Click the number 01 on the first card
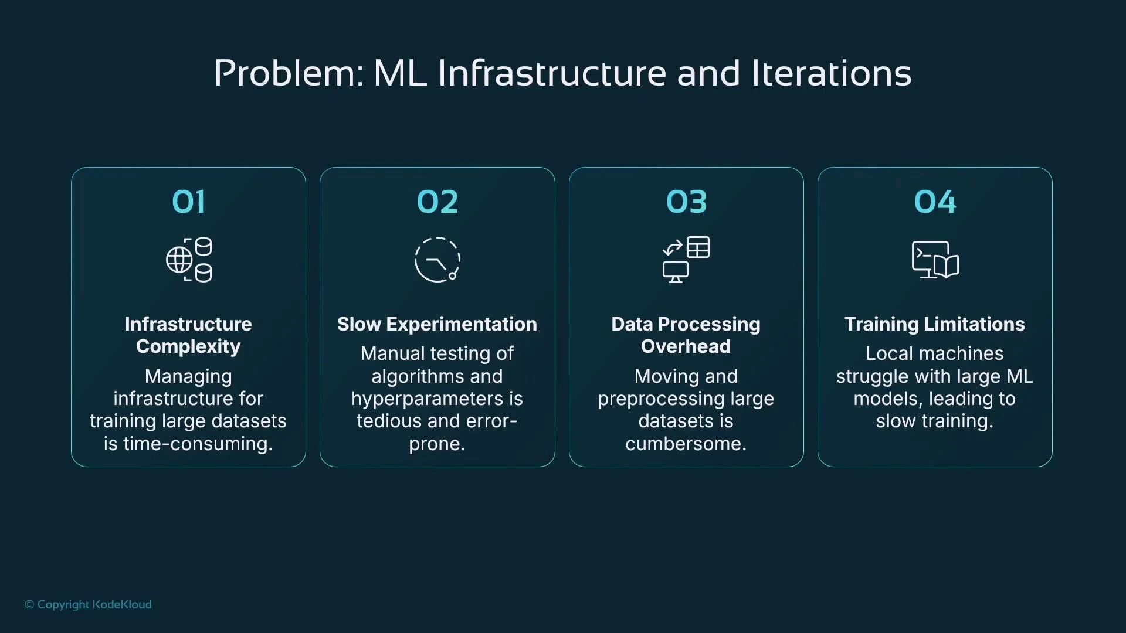pyautogui.click(x=188, y=202)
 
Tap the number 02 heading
pyautogui.click(x=437, y=202)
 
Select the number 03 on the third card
pyautogui.click(x=686, y=202)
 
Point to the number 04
pyautogui.click(x=935, y=202)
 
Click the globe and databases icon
pyautogui.click(x=189, y=260)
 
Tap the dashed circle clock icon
pyautogui.click(x=437, y=260)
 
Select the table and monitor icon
pyautogui.click(x=686, y=260)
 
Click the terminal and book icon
pyautogui.click(x=935, y=260)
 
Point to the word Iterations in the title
pyautogui.click(x=831, y=74)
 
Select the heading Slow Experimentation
pyautogui.click(x=437, y=324)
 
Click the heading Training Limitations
pyautogui.click(x=935, y=324)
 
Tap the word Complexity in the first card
pyautogui.click(x=188, y=347)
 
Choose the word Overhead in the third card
pyautogui.click(x=686, y=346)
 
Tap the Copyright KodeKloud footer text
pyautogui.click(x=89, y=604)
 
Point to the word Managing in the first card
pyautogui.click(x=188, y=377)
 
